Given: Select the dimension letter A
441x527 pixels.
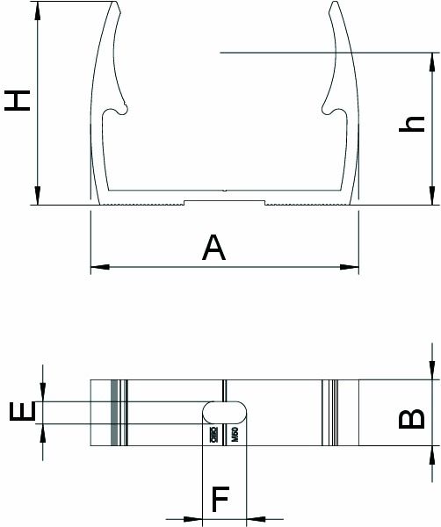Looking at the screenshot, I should [213, 249].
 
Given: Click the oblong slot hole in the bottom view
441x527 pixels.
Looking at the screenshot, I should [225, 413].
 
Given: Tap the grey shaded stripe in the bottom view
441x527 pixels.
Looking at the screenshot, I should [113, 413].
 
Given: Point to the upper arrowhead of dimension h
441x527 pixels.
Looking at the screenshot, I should [431, 59].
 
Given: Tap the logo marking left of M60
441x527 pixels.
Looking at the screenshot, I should [213, 435].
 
